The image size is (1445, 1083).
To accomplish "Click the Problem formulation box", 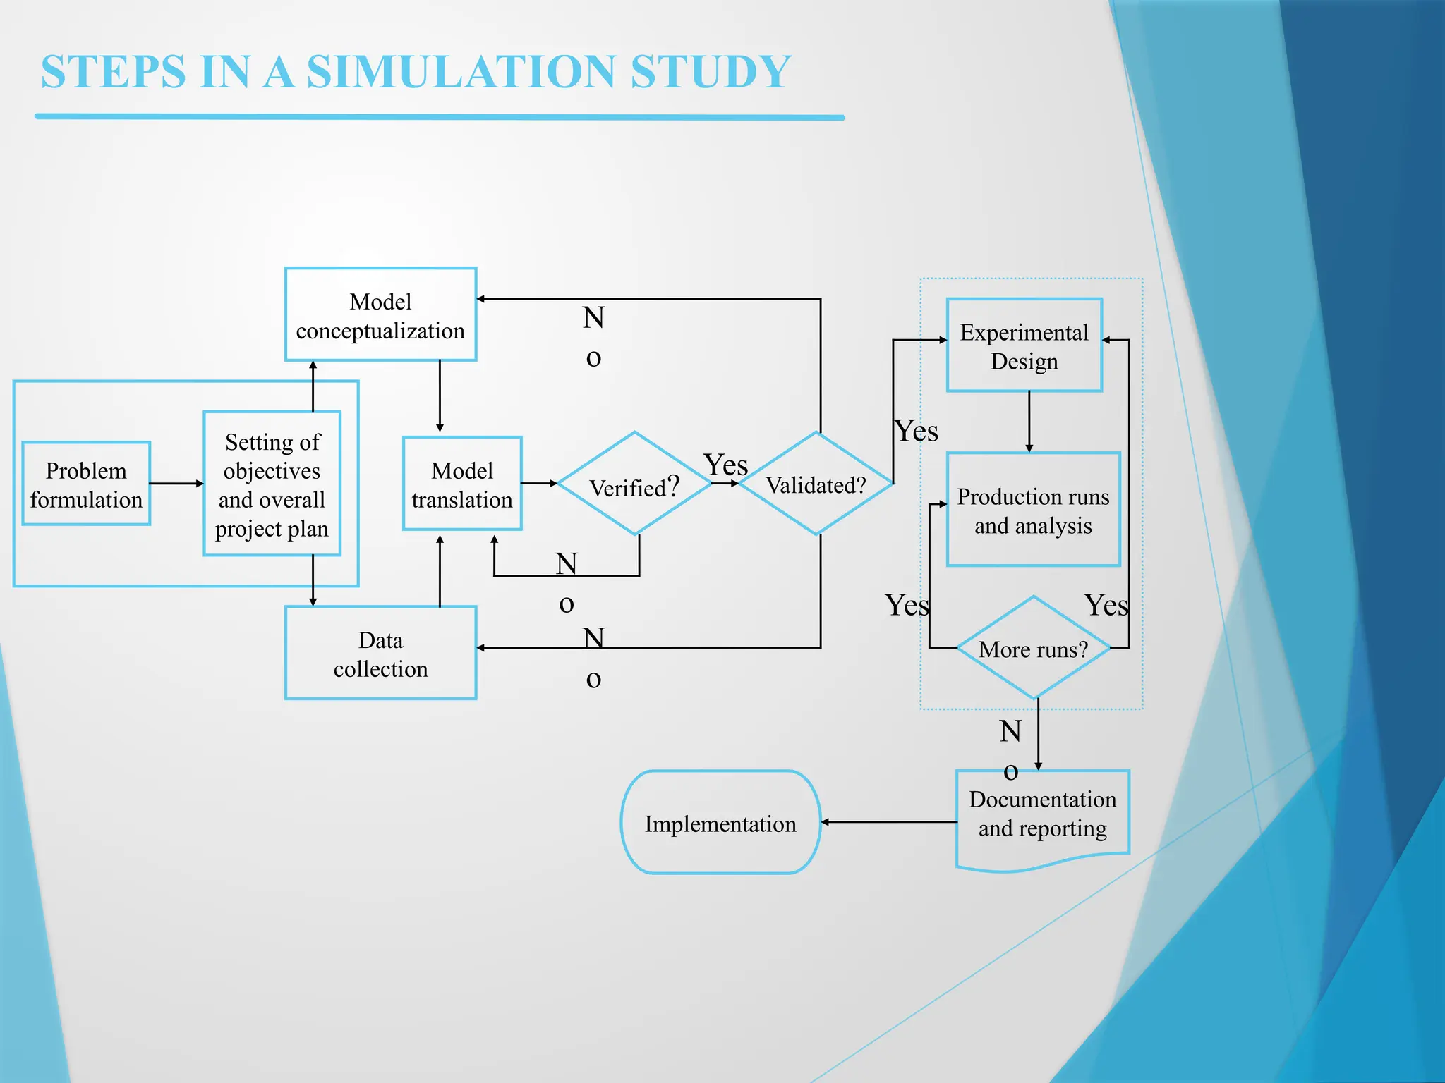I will (86, 484).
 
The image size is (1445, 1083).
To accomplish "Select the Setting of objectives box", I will (272, 484).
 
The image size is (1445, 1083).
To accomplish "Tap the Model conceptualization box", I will (380, 314).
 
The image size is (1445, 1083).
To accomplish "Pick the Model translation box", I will (462, 484).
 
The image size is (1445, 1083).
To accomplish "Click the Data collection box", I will (380, 653).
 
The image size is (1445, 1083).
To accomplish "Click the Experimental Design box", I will (1024, 345).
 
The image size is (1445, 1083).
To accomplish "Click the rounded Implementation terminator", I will (720, 822).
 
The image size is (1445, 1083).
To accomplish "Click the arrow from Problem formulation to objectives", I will (176, 484).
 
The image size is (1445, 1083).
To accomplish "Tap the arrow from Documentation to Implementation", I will (889, 822).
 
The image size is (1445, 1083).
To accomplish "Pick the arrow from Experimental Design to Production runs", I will (1029, 422).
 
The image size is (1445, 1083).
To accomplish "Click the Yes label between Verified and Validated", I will (725, 465).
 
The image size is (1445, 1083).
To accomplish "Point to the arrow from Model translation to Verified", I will (539, 484).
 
